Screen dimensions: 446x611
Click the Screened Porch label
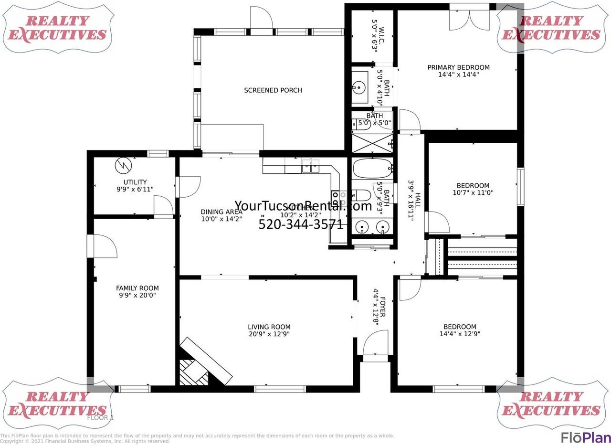pos(273,90)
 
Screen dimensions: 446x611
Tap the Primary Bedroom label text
pos(458,67)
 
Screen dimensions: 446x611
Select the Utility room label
pos(135,182)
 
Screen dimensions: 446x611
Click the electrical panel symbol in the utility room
pos(123,166)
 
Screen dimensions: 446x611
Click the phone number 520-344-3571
pos(301,224)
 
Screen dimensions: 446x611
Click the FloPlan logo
pos(585,437)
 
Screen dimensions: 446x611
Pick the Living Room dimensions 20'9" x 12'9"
pos(269,334)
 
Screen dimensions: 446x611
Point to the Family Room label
pos(137,288)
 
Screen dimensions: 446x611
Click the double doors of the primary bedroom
pos(469,18)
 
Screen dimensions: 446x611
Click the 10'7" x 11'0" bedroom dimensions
pos(473,193)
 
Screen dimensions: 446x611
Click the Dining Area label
pos(221,212)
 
